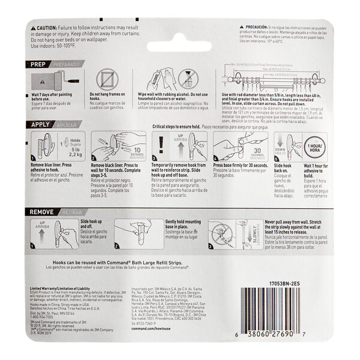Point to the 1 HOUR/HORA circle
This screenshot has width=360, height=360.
pos(317,146)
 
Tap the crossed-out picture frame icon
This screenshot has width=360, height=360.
pos(107,80)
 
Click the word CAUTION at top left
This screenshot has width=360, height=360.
pos(43,28)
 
